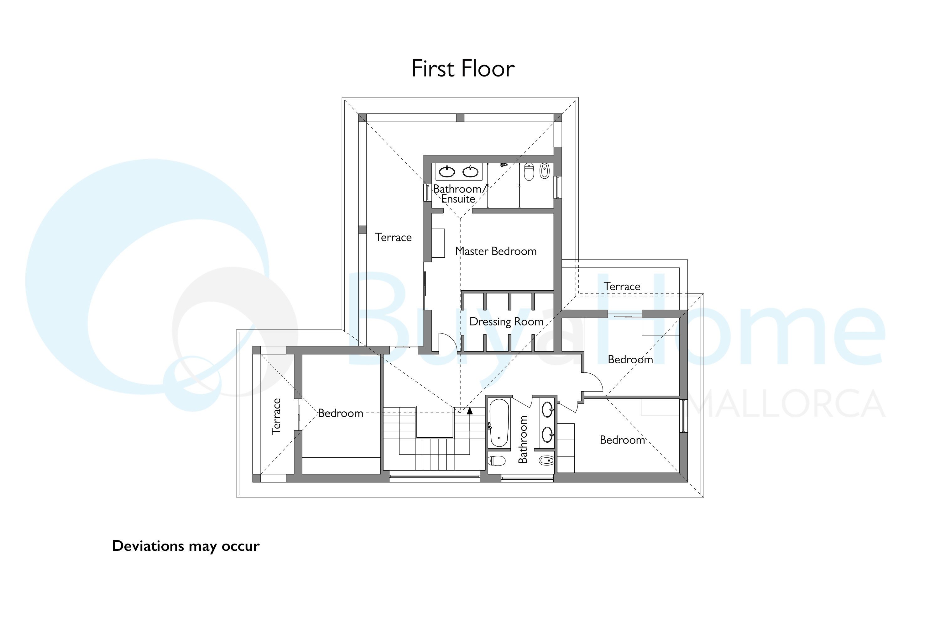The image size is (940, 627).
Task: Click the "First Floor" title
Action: (x=463, y=68)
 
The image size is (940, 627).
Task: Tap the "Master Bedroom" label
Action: (x=496, y=251)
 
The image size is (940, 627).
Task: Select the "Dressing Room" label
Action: (x=506, y=322)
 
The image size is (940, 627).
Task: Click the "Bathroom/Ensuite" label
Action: (x=460, y=194)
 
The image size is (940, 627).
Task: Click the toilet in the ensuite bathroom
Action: (x=529, y=172)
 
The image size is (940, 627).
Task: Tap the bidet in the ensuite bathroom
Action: (x=544, y=171)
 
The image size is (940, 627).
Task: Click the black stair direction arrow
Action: (x=470, y=411)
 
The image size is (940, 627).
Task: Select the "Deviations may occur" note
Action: (x=186, y=546)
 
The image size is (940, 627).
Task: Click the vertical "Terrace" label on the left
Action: (x=276, y=416)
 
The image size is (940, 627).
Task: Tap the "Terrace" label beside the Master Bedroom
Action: (x=393, y=238)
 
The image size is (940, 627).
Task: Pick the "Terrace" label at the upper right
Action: (x=622, y=286)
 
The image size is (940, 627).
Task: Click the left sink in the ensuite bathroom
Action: (x=447, y=172)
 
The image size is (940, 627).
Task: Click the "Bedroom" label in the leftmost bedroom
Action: (x=341, y=414)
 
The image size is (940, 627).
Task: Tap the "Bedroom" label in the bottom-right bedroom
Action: (x=622, y=440)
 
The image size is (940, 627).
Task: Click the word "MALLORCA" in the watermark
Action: (x=787, y=403)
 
